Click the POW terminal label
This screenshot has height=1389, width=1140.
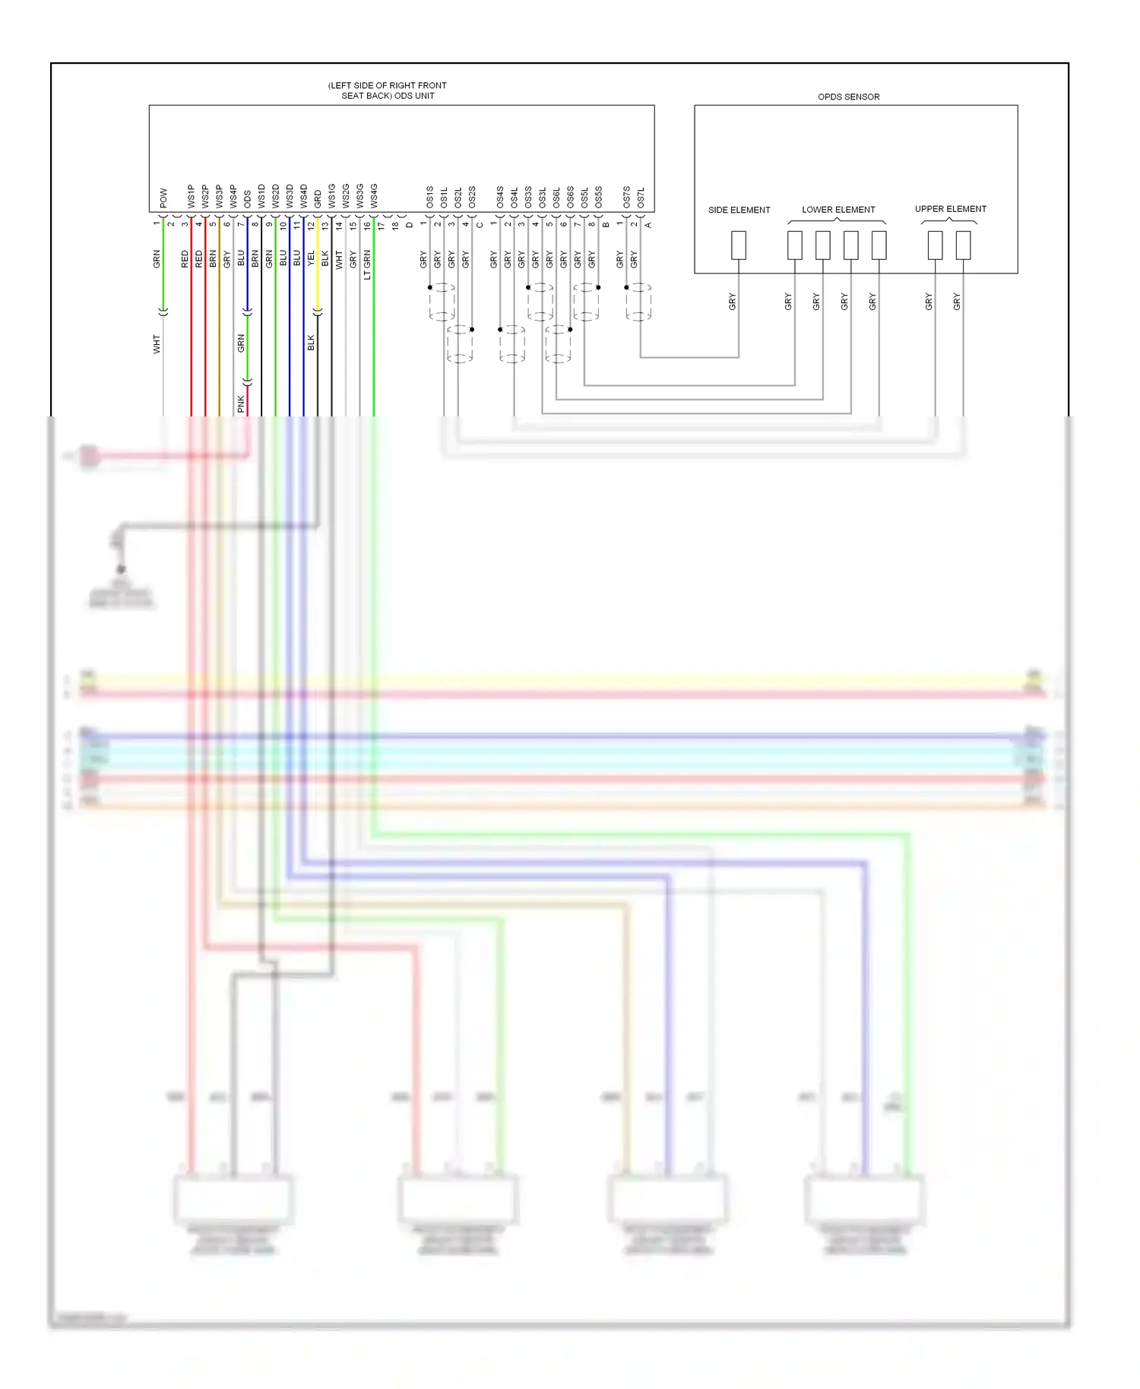[163, 198]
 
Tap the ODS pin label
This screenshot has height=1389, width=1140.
[247, 199]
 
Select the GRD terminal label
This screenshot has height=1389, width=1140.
[318, 199]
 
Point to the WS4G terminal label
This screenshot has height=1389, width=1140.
[374, 196]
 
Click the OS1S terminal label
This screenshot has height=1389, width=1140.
[430, 197]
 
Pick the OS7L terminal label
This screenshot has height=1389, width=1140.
[641, 198]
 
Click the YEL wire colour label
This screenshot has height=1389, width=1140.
[311, 258]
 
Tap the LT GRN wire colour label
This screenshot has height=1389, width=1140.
[367, 264]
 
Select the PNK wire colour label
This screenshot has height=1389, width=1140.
[241, 403]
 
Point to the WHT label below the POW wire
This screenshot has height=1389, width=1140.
[157, 343]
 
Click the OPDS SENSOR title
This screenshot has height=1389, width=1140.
[848, 97]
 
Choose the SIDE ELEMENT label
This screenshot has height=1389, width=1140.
[739, 210]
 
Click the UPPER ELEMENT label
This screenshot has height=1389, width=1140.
[950, 209]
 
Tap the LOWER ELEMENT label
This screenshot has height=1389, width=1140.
[838, 210]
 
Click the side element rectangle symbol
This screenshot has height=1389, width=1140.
[738, 245]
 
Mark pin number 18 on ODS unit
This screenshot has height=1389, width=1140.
[395, 225]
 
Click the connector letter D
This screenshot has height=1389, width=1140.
[410, 225]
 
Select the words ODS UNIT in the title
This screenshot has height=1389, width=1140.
[414, 96]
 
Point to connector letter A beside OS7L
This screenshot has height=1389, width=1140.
[648, 225]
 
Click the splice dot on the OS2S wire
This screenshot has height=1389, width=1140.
[472, 329]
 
